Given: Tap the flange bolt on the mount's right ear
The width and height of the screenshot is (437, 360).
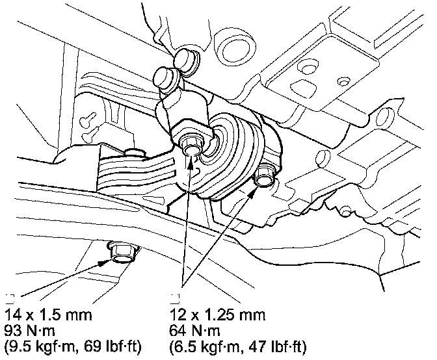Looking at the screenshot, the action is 265,174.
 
